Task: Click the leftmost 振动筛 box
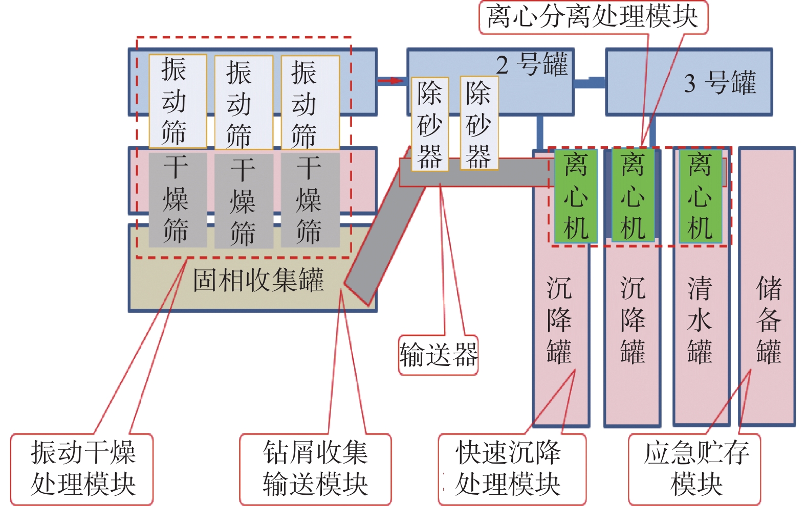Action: [177, 101]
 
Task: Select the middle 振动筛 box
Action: [243, 103]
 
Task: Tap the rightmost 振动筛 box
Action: [310, 103]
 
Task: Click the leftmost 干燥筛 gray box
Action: [177, 200]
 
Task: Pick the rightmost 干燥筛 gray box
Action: [310, 200]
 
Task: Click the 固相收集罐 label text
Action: [258, 281]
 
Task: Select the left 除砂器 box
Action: [430, 124]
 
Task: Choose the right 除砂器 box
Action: [478, 124]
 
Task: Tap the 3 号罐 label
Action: [720, 82]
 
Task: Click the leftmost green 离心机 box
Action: [576, 196]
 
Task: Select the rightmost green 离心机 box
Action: [700, 196]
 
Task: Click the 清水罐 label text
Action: [700, 319]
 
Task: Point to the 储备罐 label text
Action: [768, 319]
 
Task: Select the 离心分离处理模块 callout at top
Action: [593, 17]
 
